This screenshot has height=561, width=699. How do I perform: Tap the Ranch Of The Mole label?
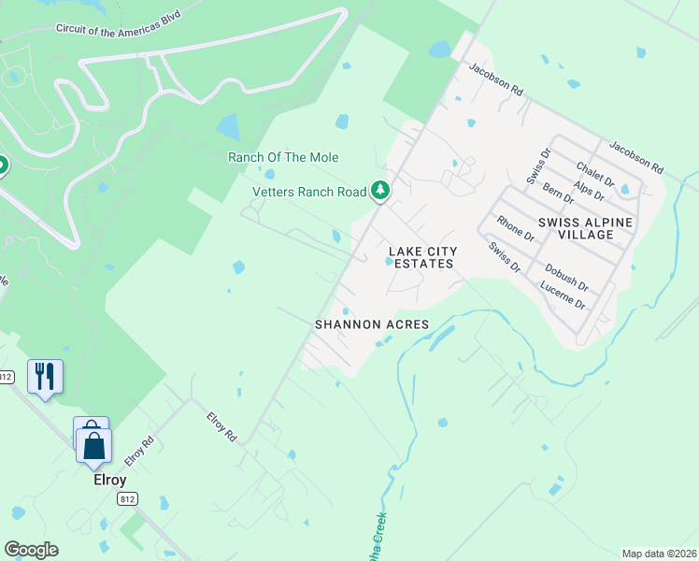tap(283, 157)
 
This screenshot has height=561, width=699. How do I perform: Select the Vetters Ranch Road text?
tap(309, 192)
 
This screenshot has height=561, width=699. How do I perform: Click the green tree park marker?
tap(379, 190)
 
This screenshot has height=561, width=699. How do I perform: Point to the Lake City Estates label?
tap(422, 257)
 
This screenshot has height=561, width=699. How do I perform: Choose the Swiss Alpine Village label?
tap(586, 227)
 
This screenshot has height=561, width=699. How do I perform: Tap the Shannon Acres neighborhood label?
tap(371, 324)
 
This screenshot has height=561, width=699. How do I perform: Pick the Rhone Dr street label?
tap(515, 228)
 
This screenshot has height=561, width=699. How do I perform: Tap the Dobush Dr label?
tap(566, 277)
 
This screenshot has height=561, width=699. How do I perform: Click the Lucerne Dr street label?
tap(563, 296)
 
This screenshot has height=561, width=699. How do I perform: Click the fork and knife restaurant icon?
tap(45, 377)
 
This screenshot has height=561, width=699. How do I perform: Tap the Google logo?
tap(31, 550)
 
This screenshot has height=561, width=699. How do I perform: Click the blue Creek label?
tap(379, 538)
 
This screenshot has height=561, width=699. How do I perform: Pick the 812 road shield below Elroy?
tap(128, 499)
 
